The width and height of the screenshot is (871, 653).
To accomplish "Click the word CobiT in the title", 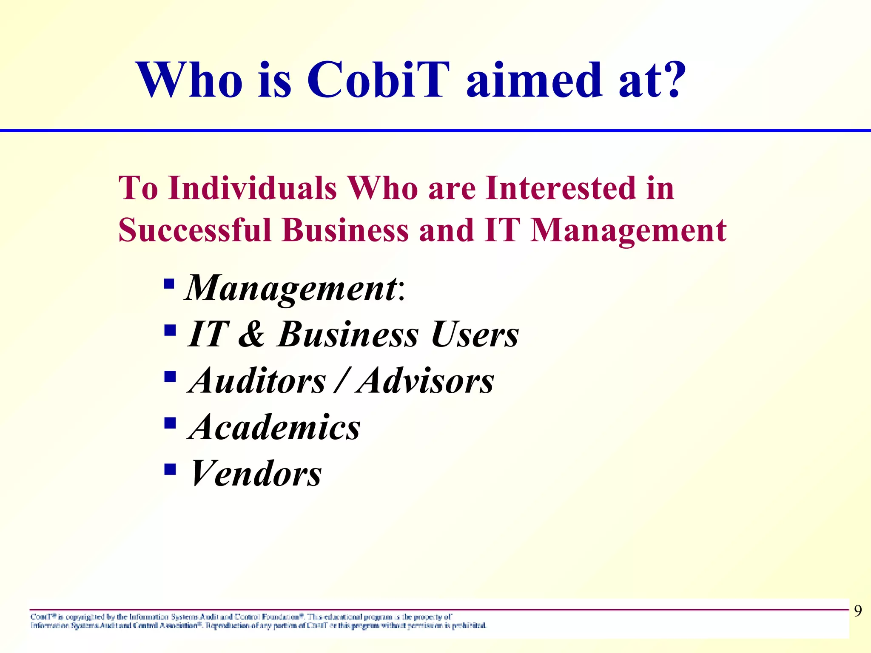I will (x=378, y=80).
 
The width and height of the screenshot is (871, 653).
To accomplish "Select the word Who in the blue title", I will (x=189, y=80).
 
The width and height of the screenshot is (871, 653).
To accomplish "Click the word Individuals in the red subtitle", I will (x=253, y=188).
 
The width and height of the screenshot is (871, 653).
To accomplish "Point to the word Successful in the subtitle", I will (x=195, y=230).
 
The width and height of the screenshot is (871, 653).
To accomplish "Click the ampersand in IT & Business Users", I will (x=251, y=334).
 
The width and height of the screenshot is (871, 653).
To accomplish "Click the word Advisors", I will (x=426, y=381).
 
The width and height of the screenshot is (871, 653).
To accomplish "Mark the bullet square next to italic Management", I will (x=169, y=284).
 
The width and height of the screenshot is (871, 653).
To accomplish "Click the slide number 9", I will (x=858, y=611).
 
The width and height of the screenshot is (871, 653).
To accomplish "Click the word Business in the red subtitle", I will (x=345, y=230).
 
